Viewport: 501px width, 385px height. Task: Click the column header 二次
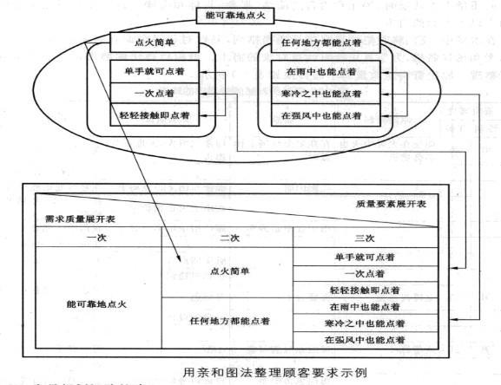click(228, 237)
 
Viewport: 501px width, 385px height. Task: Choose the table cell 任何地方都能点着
click(228, 321)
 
